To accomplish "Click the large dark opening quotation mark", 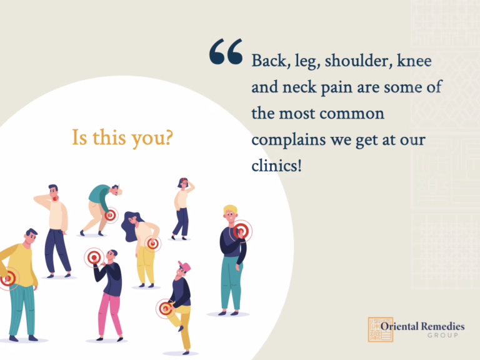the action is [x=226, y=51].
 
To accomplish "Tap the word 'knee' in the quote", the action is [x=414, y=60].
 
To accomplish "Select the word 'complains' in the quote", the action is [x=288, y=141].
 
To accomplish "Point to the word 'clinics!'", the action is [x=277, y=166].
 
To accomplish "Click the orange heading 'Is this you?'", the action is [x=122, y=137].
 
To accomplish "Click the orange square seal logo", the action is [x=380, y=329].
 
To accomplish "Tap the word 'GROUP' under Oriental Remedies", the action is [x=443, y=336].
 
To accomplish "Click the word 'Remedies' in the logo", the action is [x=443, y=326].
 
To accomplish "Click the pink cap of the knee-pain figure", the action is [x=184, y=266].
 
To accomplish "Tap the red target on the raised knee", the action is [x=166, y=308].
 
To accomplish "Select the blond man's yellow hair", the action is [x=231, y=210].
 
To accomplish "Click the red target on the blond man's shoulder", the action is [x=241, y=231].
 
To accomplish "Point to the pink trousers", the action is [x=110, y=315].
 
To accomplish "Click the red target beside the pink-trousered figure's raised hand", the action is [x=94, y=257].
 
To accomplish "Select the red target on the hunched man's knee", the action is [x=110, y=215].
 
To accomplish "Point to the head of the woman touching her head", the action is [x=183, y=183].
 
